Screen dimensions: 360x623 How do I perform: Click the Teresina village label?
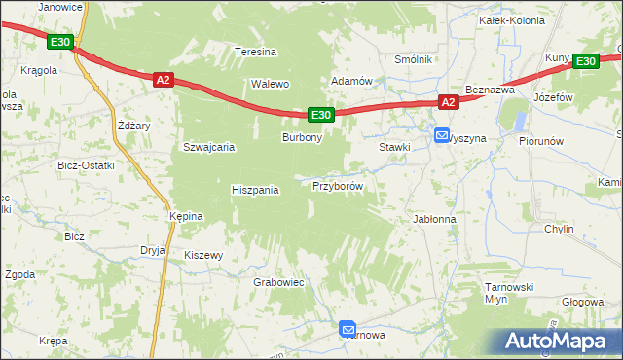coord(256,52)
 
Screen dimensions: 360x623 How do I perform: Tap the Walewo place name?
coord(272,84)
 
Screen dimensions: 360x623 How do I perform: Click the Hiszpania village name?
coord(255,190)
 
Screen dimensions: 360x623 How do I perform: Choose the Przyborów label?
coord(338,186)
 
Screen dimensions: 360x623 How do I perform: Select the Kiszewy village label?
coord(204,256)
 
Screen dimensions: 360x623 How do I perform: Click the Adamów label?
coord(352,81)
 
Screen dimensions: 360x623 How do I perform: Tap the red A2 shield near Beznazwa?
coord(447,102)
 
